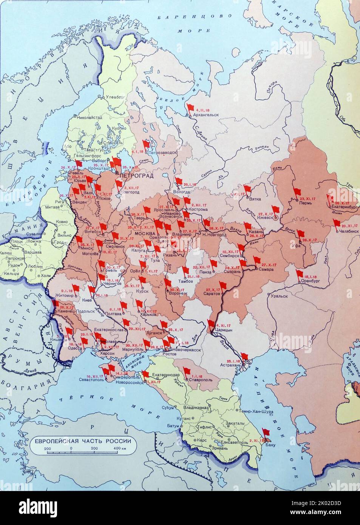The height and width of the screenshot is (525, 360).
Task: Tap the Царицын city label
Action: click(x=224, y=330)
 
